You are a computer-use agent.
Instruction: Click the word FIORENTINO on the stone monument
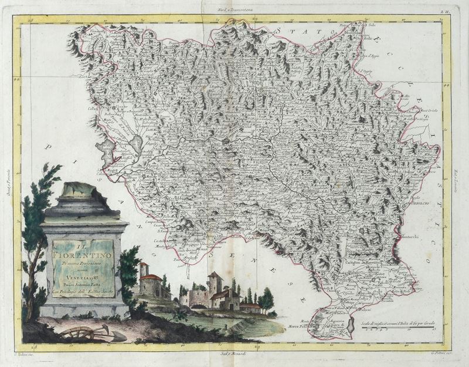pyautogui.click(x=85, y=256)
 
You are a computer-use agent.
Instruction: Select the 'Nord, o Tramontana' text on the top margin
pyautogui.click(x=234, y=9)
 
